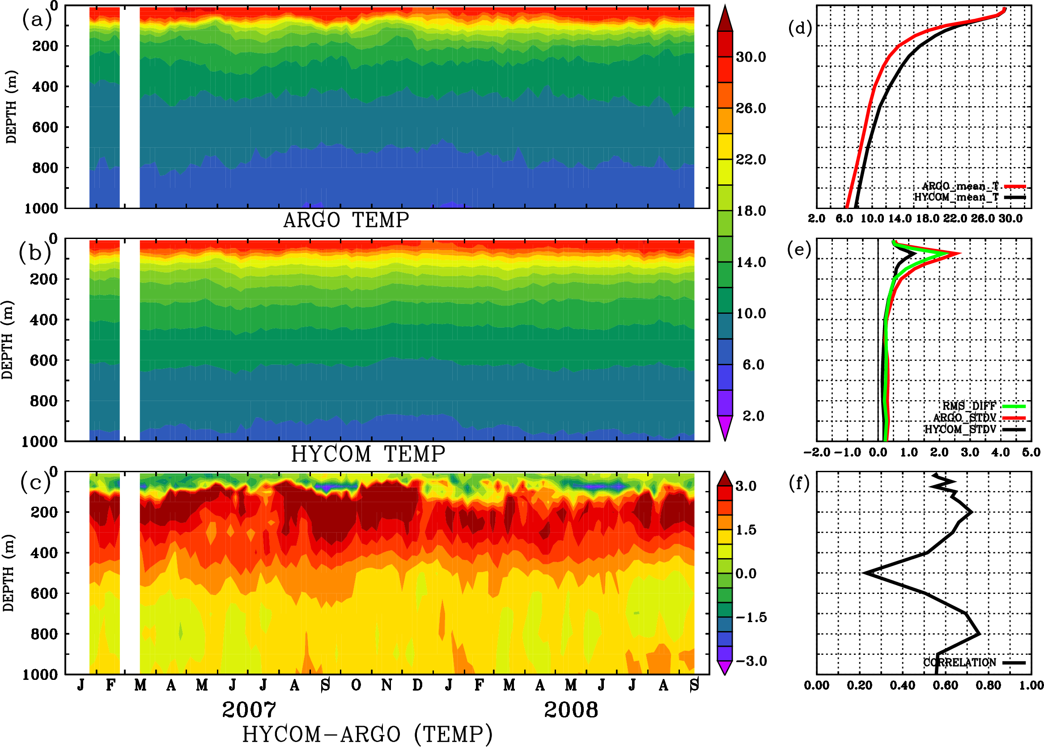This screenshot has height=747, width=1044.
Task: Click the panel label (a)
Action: pos(37,20)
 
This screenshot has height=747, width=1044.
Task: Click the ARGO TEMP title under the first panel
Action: pos(346,220)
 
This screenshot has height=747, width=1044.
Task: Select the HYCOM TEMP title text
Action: pos(368,454)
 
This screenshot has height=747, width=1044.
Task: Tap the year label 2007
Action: pos(249,710)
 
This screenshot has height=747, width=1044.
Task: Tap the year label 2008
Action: pos(571,710)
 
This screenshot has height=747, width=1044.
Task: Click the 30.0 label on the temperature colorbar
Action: pos(751,57)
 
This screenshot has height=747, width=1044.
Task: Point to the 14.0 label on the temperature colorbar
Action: pos(751,262)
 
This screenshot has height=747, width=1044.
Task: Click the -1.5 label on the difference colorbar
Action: pos(751,617)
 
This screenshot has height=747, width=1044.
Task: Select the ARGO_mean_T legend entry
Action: pos(960,186)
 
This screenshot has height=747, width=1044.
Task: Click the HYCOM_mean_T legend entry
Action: pos(956,197)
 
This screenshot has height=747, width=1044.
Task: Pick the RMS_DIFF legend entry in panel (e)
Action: pos(969,406)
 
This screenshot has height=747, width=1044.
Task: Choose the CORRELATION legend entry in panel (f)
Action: pos(959,662)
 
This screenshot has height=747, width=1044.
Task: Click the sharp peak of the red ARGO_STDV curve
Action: pos(959,253)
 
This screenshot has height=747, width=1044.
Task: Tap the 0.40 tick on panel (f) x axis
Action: pos(902,685)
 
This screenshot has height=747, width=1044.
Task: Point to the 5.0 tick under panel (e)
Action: pos(1031,452)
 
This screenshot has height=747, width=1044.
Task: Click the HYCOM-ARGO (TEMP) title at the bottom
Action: pos(367,734)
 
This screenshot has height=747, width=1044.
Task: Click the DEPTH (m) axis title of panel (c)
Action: pos(8,572)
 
